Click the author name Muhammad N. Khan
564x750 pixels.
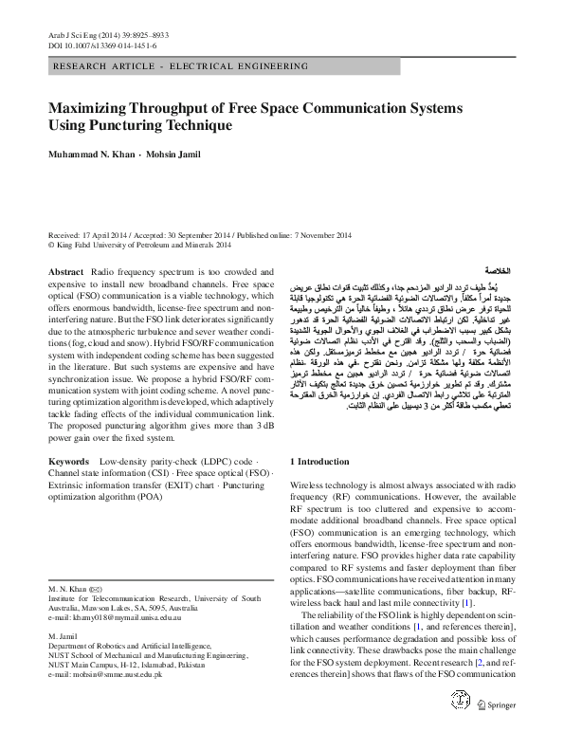(x=90, y=155)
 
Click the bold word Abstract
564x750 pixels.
(x=64, y=271)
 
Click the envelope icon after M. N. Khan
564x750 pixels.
(x=96, y=589)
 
